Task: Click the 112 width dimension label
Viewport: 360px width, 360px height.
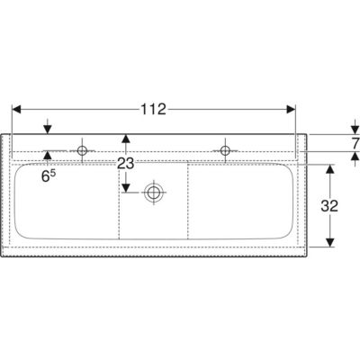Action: coord(153,110)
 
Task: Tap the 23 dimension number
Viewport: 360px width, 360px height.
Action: coord(126,164)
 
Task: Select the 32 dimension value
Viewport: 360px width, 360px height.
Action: coord(329,206)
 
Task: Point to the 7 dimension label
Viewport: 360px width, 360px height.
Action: coord(355,143)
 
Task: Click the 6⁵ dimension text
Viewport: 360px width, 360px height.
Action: coord(49,176)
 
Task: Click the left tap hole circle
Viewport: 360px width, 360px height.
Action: coord(82,150)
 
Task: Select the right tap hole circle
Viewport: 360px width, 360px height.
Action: coord(225,150)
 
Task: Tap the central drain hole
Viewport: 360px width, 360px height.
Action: coord(154,192)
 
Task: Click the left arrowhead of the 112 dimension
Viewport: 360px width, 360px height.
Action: coord(16,110)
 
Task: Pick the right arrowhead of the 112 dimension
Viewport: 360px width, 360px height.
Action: coord(291,110)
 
